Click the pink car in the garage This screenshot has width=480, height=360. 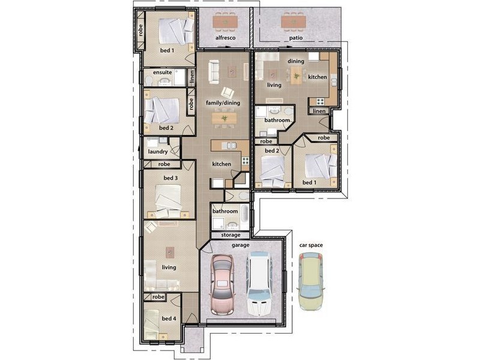[222, 284]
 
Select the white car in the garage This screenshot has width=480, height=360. [260, 284]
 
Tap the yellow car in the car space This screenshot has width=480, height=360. [311, 281]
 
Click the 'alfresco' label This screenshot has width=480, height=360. [226, 38]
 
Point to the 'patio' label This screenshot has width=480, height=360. [296, 38]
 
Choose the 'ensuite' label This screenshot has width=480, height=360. [162, 73]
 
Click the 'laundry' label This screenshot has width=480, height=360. [158, 152]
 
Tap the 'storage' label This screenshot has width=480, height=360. [230, 235]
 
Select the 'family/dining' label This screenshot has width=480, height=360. [223, 103]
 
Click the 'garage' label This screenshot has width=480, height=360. [241, 245]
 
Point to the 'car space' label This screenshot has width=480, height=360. [311, 245]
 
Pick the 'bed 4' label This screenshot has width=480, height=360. [169, 319]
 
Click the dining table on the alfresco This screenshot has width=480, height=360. [226, 22]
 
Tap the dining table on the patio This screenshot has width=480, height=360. [293, 22]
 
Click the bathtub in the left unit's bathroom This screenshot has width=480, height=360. [245, 214]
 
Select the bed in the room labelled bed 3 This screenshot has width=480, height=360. [168, 198]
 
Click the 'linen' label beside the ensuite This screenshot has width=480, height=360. [192, 77]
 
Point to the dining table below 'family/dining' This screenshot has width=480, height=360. [224, 118]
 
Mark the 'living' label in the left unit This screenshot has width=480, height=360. [169, 268]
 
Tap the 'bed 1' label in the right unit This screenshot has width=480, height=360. [310, 182]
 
